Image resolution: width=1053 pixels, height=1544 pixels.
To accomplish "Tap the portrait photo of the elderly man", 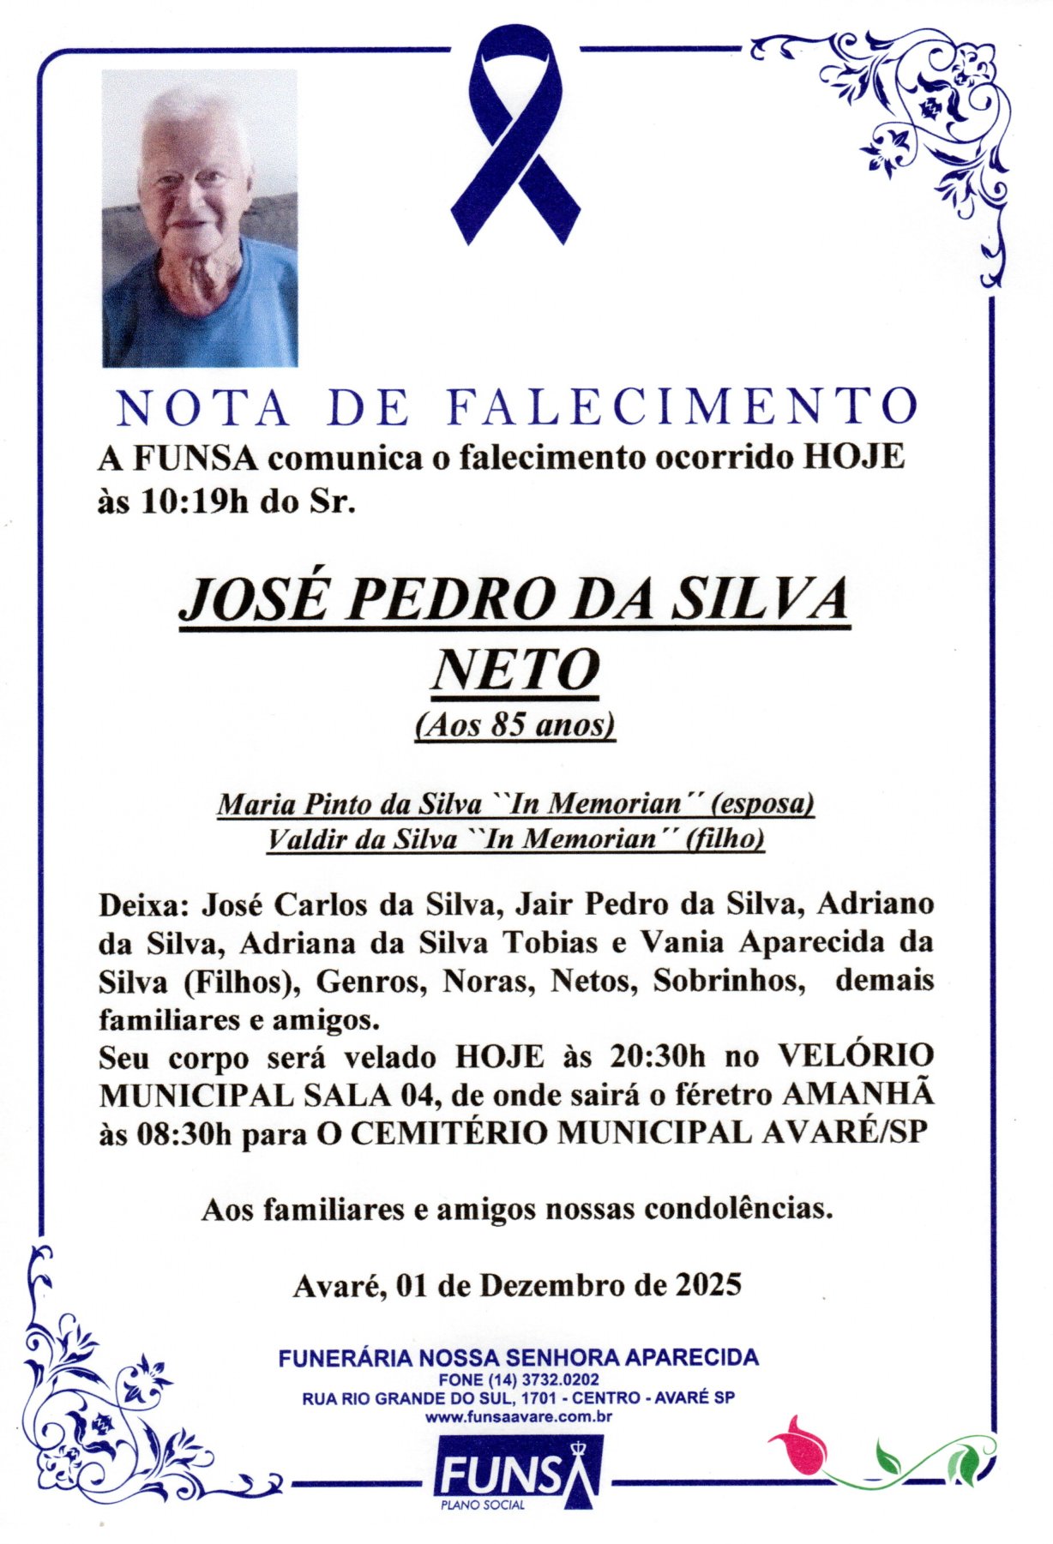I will (x=200, y=219).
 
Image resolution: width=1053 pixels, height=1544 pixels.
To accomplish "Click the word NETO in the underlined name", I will (x=514, y=670).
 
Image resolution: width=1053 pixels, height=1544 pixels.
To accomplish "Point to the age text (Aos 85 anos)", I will (x=514, y=725).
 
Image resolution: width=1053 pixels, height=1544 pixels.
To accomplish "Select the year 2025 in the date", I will (x=708, y=1285).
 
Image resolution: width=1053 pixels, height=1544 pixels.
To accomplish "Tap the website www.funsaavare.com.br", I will (x=518, y=1416).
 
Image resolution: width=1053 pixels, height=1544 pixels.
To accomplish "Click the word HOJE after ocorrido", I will (x=853, y=457).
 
